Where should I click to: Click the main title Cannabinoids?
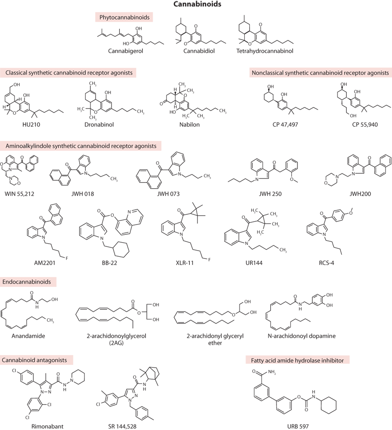pyautogui.click(x=197, y=4)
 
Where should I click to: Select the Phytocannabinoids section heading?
pyautogui.click(x=124, y=17)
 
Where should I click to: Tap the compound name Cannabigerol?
pyautogui.click(x=125, y=51)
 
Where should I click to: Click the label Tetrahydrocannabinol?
pyautogui.click(x=265, y=51)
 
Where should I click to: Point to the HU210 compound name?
pyautogui.click(x=31, y=124)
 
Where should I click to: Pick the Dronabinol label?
pyautogui.click(x=99, y=124)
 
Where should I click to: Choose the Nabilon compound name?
pyautogui.click(x=190, y=124)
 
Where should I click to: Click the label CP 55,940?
pyautogui.click(x=365, y=125)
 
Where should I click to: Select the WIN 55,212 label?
pyautogui.click(x=20, y=194)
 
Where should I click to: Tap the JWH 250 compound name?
pyautogui.click(x=270, y=194)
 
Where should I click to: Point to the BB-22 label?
pyautogui.click(x=110, y=263)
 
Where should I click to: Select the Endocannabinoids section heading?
pyautogui.click(x=27, y=282)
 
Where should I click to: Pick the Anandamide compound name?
pyautogui.click(x=28, y=336)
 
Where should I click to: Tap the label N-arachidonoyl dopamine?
pyautogui.click(x=302, y=336)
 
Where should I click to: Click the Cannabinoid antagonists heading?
pyautogui.click(x=34, y=360)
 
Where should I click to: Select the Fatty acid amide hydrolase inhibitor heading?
pyautogui.click(x=297, y=360)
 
